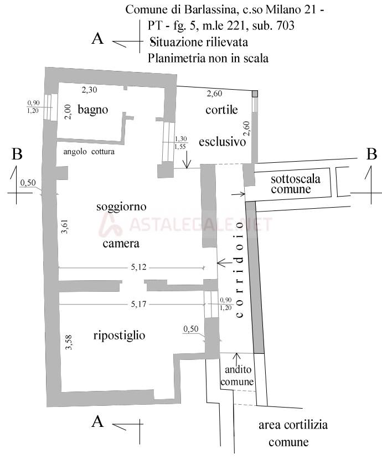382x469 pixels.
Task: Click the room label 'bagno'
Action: (92, 110)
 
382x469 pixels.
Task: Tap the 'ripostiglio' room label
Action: (119, 335)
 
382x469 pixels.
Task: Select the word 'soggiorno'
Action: (121, 207)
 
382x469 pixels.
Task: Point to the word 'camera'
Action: (120, 243)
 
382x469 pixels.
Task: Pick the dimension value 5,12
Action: (138, 268)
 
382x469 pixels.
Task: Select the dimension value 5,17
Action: (138, 304)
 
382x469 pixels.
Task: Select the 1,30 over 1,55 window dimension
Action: (180, 143)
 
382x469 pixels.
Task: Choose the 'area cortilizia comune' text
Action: (292, 434)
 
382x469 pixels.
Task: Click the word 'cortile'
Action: (221, 110)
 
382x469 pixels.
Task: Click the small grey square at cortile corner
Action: (255, 94)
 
